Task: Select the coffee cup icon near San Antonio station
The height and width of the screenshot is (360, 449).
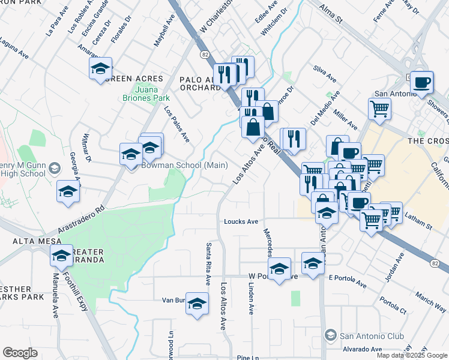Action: coord(421,82)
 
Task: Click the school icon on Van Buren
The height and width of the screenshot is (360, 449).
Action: coord(196,305)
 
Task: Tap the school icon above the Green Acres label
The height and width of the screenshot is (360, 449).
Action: coord(101,69)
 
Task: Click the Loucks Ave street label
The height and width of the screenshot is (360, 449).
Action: coord(241,221)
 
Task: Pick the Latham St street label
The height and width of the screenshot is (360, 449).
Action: coord(420,226)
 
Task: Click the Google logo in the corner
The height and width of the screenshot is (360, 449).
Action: coord(20,353)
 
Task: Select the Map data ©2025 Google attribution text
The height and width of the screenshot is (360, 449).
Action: coord(412,355)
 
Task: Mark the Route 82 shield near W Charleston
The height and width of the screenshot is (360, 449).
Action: coord(205,55)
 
